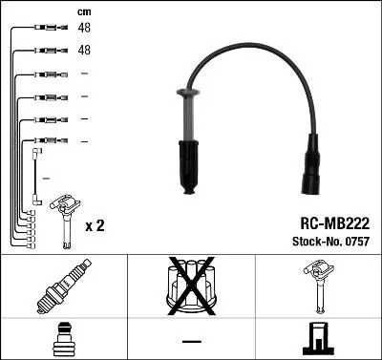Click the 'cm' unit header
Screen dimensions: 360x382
(83, 12)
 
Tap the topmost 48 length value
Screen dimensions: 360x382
(83, 29)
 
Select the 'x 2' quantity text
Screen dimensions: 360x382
(95, 225)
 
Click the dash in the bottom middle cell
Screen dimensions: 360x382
(191, 339)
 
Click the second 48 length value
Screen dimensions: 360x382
(83, 50)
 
